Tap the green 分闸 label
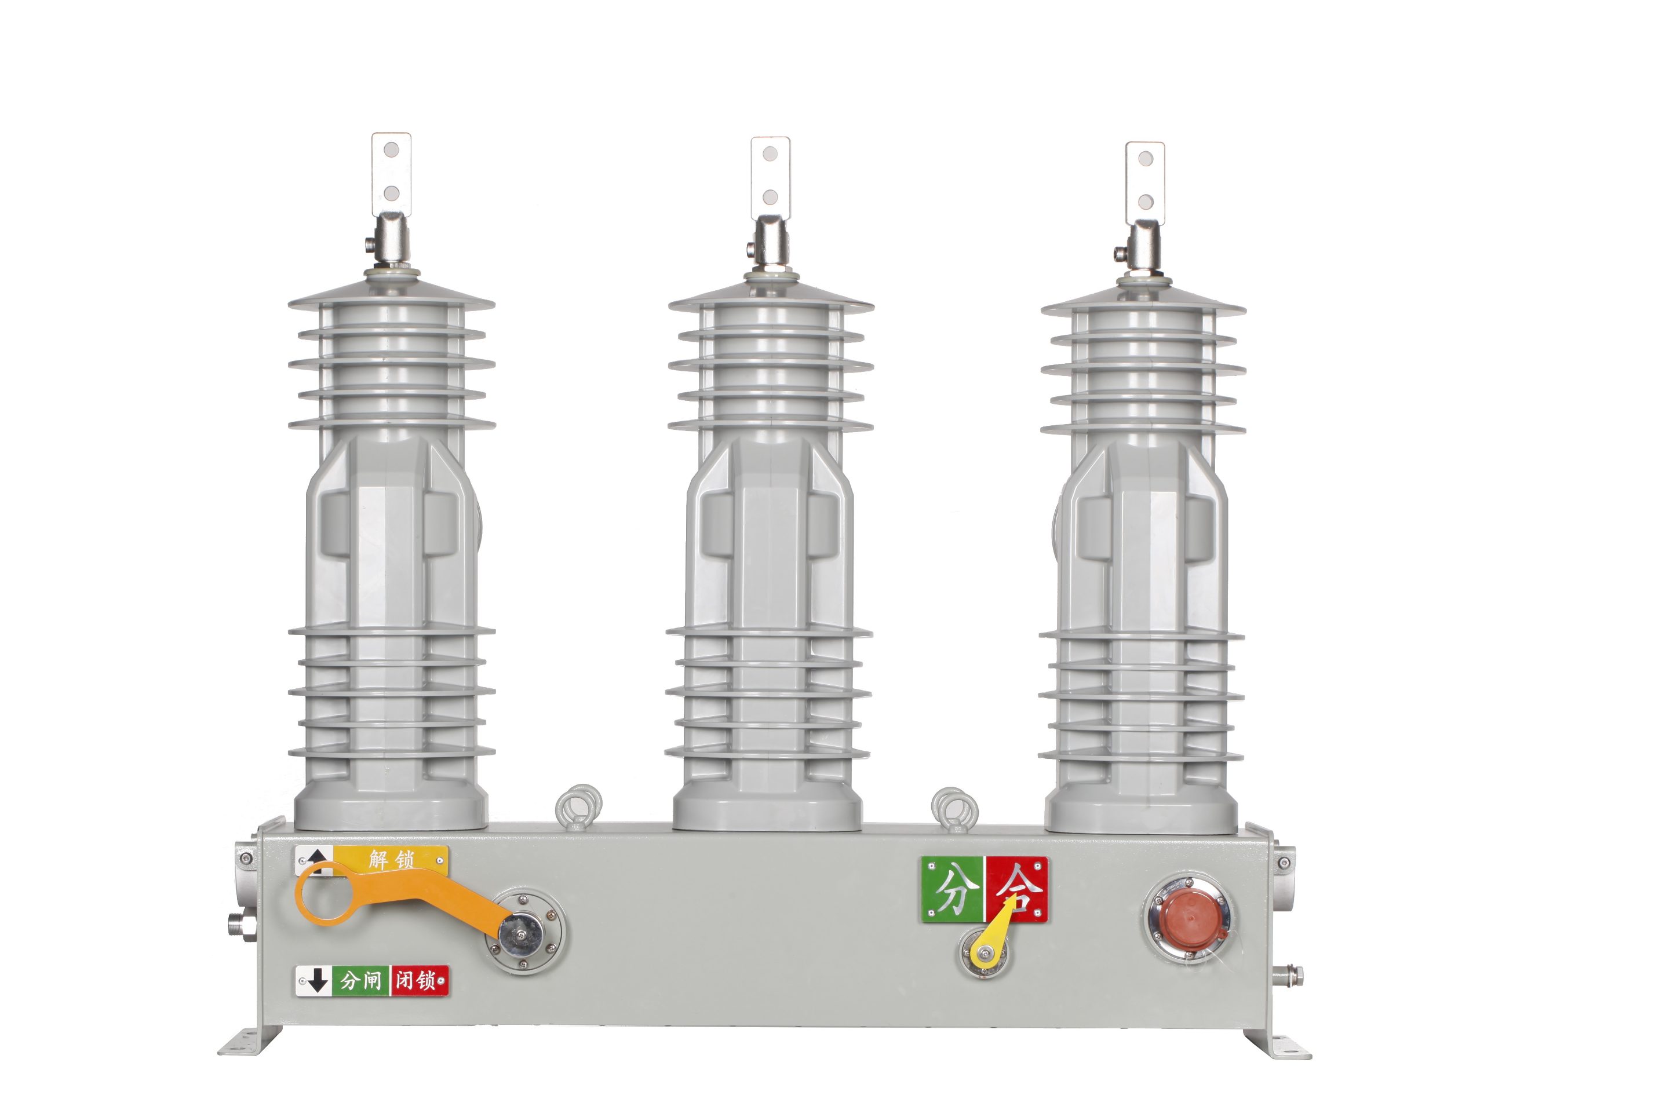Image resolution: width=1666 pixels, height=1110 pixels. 361,980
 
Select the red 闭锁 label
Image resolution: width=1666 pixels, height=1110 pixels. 419,980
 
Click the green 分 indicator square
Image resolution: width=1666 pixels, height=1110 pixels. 953,890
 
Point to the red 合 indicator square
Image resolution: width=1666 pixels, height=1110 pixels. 1017,890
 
